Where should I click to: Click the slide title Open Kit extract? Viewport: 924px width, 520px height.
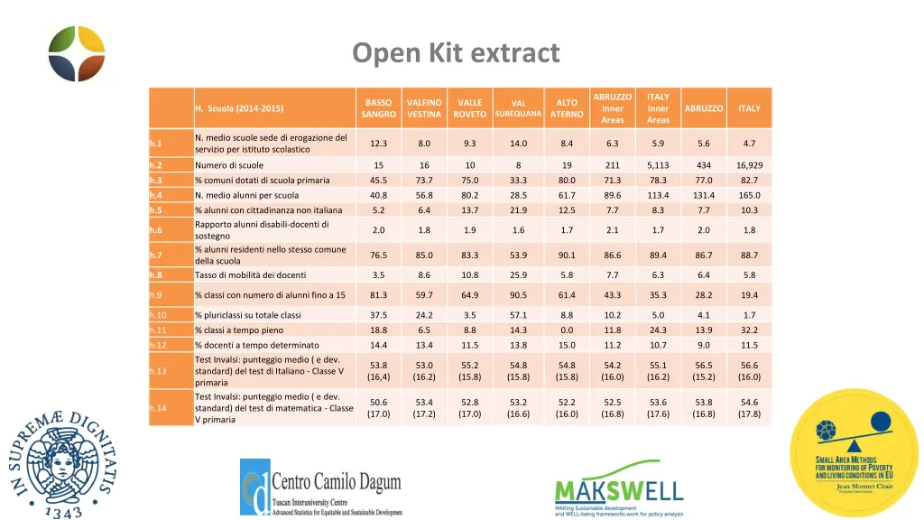[x=456, y=53]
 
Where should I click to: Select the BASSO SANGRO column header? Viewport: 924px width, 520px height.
[x=378, y=108]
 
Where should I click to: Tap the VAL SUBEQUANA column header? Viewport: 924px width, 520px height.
[x=518, y=108]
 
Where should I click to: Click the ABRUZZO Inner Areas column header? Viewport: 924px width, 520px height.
[x=613, y=108]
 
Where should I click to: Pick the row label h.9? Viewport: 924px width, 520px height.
[x=157, y=294]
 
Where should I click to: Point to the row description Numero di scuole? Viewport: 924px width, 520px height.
[x=229, y=165]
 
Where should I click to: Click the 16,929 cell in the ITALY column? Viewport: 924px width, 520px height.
[x=749, y=165]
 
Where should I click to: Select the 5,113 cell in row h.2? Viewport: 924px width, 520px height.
[x=658, y=165]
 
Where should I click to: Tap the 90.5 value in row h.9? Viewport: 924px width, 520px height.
[x=518, y=294]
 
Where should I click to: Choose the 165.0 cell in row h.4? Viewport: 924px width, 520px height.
[x=749, y=195]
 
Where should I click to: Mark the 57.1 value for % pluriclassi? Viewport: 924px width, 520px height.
[x=518, y=315]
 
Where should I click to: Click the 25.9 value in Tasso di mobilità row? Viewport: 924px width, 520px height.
[x=518, y=274]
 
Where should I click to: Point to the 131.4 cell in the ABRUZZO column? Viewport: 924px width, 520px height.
[x=704, y=195]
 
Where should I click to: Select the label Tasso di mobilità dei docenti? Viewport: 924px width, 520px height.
[x=251, y=274]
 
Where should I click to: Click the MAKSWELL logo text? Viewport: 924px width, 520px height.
[x=618, y=489]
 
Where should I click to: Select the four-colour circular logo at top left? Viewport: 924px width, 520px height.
[x=77, y=53]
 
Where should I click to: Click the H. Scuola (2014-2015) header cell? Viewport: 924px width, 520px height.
[x=239, y=108]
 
